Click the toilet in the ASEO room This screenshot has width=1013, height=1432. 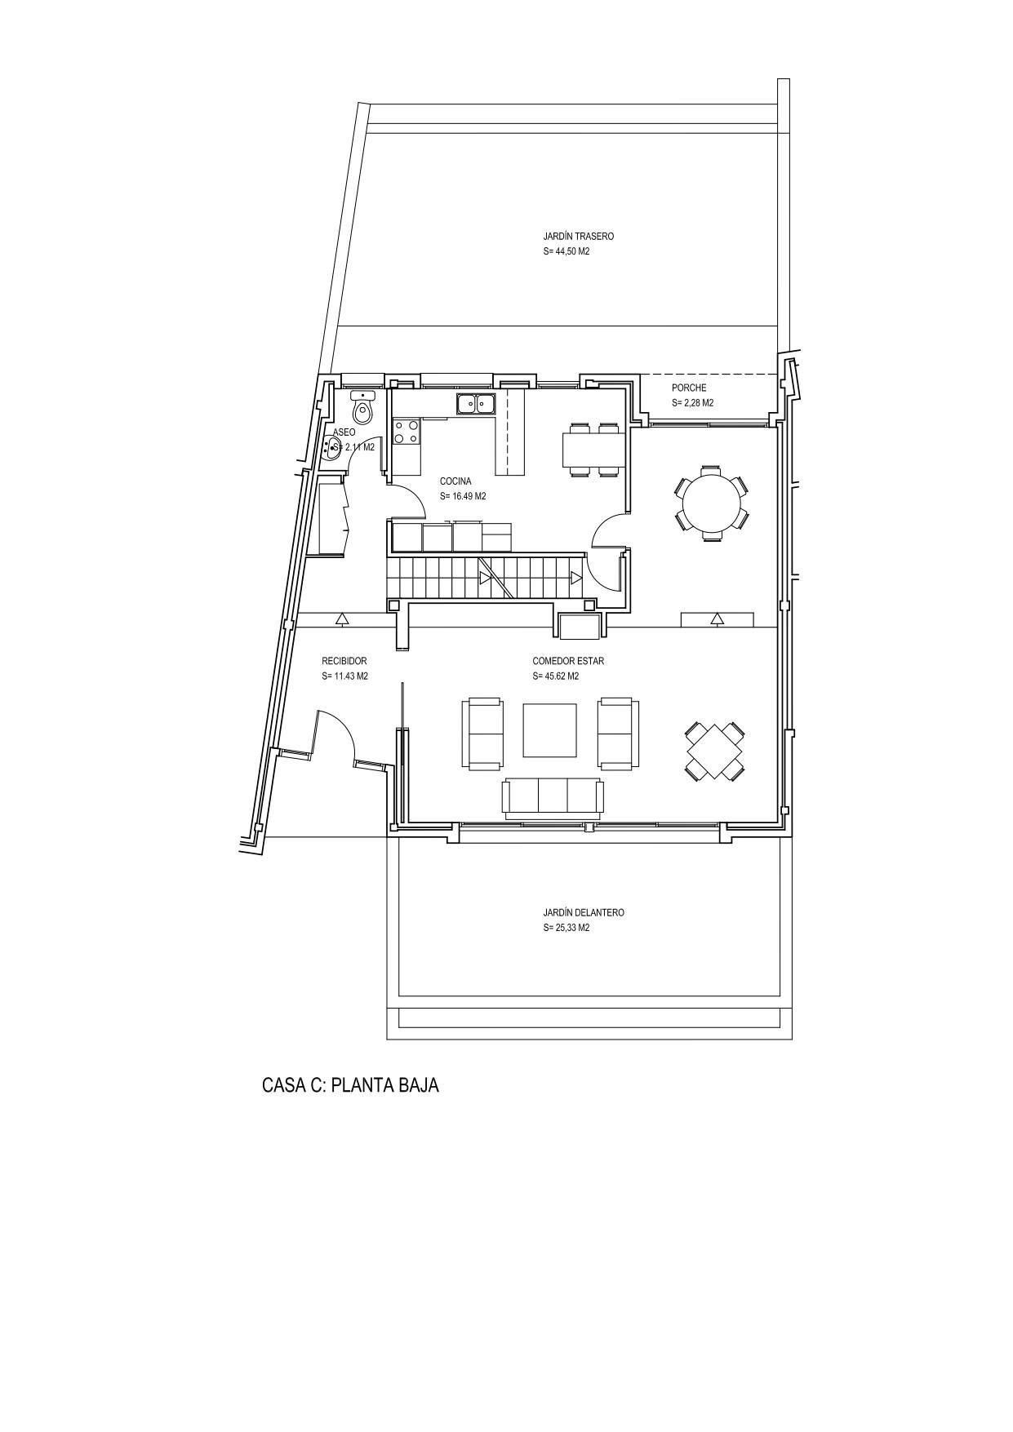pyautogui.click(x=363, y=407)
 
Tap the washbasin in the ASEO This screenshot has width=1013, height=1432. pyautogui.click(x=334, y=447)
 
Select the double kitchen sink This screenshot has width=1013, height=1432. pyautogui.click(x=477, y=403)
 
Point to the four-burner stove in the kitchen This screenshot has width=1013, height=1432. pyautogui.click(x=407, y=432)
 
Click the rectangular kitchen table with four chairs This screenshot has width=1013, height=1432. pyautogui.click(x=593, y=449)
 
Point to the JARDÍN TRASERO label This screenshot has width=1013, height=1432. pyautogui.click(x=579, y=237)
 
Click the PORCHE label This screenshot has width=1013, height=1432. pyautogui.click(x=689, y=388)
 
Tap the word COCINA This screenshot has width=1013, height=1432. pyautogui.click(x=455, y=481)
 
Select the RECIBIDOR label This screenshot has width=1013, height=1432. pyautogui.click(x=344, y=661)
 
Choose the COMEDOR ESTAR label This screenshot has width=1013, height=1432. pyautogui.click(x=568, y=661)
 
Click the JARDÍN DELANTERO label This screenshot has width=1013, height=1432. pyautogui.click(x=584, y=913)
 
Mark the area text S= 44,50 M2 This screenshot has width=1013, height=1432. pyautogui.click(x=566, y=252)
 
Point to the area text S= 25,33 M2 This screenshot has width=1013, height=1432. pyautogui.click(x=566, y=929)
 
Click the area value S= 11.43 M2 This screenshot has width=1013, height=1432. pyautogui.click(x=345, y=676)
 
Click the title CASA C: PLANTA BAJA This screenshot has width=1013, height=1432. pyautogui.click(x=351, y=1085)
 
